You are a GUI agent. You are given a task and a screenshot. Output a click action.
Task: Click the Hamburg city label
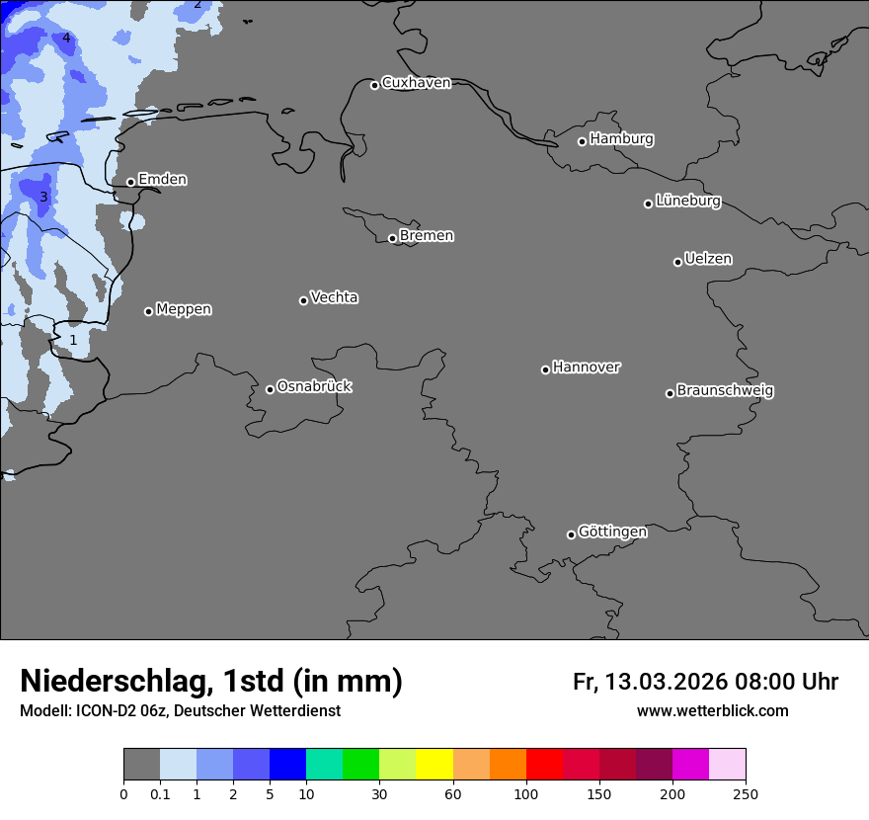pos(621,139)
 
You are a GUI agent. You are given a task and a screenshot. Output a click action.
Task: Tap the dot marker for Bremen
pos(392,238)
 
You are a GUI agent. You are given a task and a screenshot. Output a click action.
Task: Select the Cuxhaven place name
pos(416,83)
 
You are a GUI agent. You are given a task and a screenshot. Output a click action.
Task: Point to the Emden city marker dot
pos(130,182)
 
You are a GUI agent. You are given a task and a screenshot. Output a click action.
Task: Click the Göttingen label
pos(612,533)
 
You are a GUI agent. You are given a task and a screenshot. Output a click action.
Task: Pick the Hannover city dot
pos(545,369)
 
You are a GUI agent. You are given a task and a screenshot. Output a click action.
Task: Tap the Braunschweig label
pos(725,391)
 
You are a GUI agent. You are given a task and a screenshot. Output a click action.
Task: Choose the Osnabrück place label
pos(314,387)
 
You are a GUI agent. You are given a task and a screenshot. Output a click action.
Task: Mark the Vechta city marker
pos(303,300)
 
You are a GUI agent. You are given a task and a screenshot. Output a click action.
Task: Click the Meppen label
pos(184,310)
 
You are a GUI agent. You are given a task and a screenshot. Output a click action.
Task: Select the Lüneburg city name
pos(687,202)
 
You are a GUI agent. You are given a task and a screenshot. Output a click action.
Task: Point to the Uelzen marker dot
pos(677,262)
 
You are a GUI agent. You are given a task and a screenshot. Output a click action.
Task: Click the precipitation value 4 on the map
pos(66,39)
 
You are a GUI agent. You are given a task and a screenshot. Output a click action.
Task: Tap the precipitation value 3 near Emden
pos(43,198)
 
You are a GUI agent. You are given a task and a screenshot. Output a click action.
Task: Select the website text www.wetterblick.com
pos(712,711)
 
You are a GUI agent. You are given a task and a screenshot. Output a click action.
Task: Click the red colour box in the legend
pos(544,765)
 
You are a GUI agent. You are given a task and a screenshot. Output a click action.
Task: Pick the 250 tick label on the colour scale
pos(746,793)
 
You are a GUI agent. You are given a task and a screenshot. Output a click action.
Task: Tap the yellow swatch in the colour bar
pos(434,765)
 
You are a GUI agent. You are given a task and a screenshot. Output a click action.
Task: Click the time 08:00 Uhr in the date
pos(786,682)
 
